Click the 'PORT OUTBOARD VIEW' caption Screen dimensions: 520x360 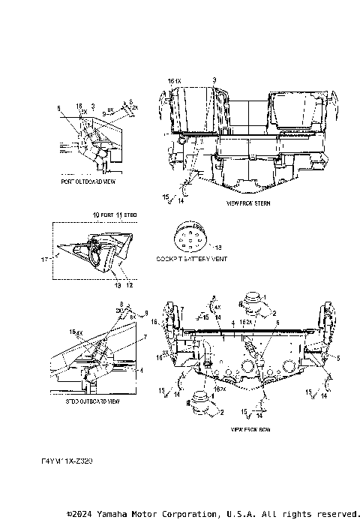(x=88, y=182)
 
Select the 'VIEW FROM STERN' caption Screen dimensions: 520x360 (x=249, y=203)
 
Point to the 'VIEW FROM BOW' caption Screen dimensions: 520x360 (x=250, y=430)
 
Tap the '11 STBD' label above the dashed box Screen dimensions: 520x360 (x=130, y=215)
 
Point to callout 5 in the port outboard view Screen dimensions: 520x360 (x=58, y=108)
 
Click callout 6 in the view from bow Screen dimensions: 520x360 (x=257, y=321)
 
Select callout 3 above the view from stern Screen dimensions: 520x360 (x=214, y=79)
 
